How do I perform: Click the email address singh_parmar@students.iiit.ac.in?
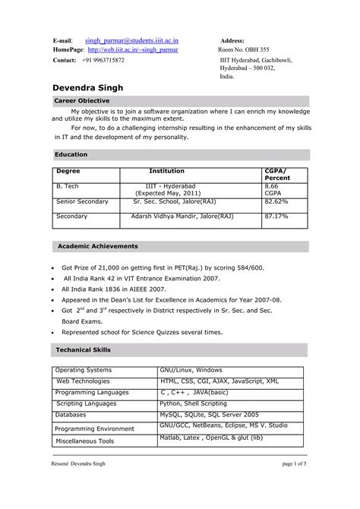pos(137,39)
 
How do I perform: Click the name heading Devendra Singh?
pos(95,88)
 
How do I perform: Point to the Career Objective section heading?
pos(82,100)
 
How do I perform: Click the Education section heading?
pos(71,154)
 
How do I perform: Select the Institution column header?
pos(166,172)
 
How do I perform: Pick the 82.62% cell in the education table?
pos(276,202)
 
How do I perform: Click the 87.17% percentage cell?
pos(276,217)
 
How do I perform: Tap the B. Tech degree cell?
pos(68,186)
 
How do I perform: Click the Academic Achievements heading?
pos(98,246)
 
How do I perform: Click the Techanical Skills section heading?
pos(84,349)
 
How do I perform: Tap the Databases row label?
pos(71,415)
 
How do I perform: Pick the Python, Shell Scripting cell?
pos(192,404)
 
